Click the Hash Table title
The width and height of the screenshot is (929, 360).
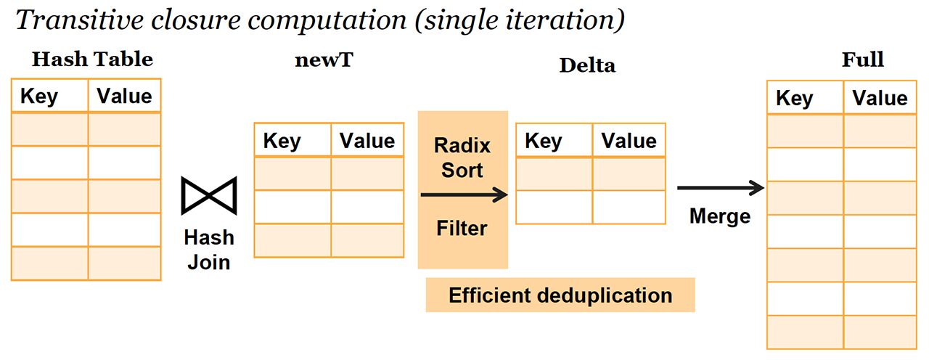point(92,60)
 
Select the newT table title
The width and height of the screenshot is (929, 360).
point(324,60)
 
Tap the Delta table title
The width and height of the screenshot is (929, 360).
point(587,65)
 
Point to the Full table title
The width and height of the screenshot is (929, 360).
point(862,60)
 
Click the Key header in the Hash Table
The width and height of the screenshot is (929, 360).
point(39,97)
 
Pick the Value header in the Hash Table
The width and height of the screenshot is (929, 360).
point(124,97)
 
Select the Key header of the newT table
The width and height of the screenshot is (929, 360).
point(282,141)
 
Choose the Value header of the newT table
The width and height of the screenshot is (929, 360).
point(367,141)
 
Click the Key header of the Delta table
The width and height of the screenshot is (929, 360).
point(544,141)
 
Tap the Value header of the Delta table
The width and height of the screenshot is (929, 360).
point(629,141)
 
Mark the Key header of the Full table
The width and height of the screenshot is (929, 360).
point(795,99)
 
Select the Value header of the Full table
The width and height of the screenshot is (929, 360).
point(880,99)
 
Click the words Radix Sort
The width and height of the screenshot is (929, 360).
point(462,157)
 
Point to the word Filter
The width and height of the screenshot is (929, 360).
point(462,229)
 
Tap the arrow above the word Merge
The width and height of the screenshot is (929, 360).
point(720,188)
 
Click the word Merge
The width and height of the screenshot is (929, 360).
point(720,216)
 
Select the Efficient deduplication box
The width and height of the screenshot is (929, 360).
point(560,295)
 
